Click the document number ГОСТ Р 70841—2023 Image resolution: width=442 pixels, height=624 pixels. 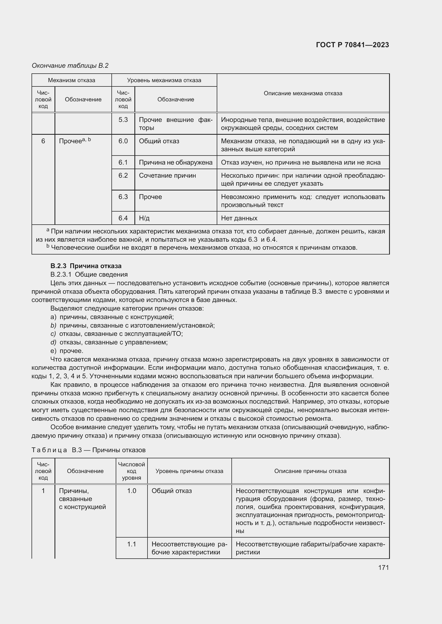pyautogui.click(x=352, y=45)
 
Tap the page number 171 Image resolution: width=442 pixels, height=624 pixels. pyautogui.click(x=383, y=567)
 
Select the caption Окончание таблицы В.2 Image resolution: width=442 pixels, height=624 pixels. pyautogui.click(x=70, y=66)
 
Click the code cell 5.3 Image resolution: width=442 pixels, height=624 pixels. pyautogui.click(x=123, y=120)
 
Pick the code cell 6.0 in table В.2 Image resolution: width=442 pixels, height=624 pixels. pyautogui.click(x=123, y=141)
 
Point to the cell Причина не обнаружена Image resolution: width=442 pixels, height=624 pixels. pyautogui.click(x=176, y=162)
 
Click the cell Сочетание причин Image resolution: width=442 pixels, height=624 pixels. pyautogui.click(x=167, y=176)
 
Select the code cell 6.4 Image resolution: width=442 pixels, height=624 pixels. pyautogui.click(x=123, y=218)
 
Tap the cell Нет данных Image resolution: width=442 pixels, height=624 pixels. pyautogui.click(x=239, y=218)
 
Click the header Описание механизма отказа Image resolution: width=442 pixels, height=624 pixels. pyautogui.click(x=303, y=93)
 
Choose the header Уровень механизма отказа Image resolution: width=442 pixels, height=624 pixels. pyautogui.click(x=164, y=80)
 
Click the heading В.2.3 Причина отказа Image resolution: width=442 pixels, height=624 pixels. pyautogui.click(x=86, y=266)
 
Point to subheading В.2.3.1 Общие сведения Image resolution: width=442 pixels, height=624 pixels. pyautogui.click(x=89, y=275)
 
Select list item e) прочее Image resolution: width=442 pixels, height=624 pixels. pyautogui.click(x=67, y=351)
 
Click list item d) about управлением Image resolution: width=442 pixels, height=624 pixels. pyautogui.click(x=109, y=342)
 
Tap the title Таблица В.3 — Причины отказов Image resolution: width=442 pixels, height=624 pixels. pyautogui.click(x=89, y=450)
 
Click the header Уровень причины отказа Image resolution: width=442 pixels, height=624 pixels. pyautogui.click(x=189, y=471)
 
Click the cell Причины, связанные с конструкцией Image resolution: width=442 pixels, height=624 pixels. pyautogui.click(x=82, y=499)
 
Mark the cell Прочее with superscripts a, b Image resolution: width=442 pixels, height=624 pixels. pyautogui.click(x=75, y=141)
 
